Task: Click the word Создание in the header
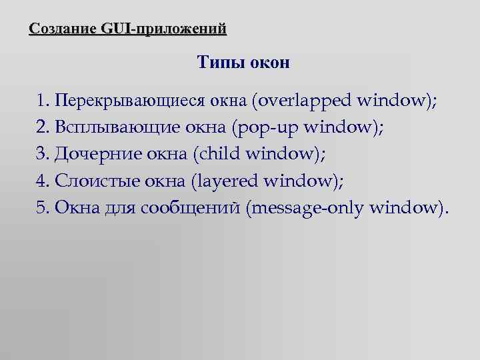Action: pyautogui.click(x=63, y=29)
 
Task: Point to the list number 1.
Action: pyautogui.click(x=43, y=101)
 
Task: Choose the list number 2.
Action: pyautogui.click(x=43, y=127)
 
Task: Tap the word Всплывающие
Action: pyautogui.click(x=113, y=128)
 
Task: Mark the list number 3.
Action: pyautogui.click(x=43, y=154)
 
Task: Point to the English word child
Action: pyautogui.click(x=219, y=154)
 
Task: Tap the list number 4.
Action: pyautogui.click(x=43, y=181)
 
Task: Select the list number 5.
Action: pyautogui.click(x=43, y=207)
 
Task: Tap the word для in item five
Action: pyautogui.click(x=120, y=208)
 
